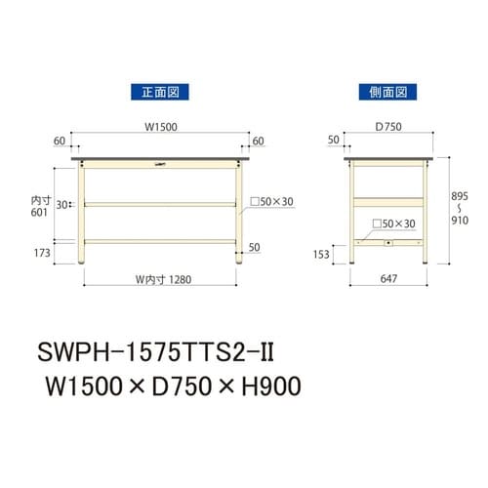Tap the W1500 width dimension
tap(159, 125)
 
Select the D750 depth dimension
tap(387, 125)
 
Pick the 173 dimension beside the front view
tap(39, 254)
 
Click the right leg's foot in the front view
tap(235, 262)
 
